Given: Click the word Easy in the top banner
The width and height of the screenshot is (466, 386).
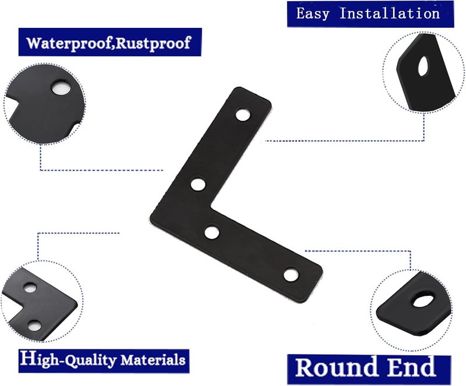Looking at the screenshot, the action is tap(313, 14).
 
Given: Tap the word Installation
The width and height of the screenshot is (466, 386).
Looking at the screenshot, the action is tap(389, 13).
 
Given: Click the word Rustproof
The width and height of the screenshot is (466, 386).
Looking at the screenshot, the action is tap(152, 44).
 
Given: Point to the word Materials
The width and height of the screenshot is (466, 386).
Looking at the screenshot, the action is tap(153, 360).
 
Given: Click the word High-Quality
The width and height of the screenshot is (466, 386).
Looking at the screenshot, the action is tap(68, 359).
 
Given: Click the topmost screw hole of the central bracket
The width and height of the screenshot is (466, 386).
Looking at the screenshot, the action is tap(242, 115).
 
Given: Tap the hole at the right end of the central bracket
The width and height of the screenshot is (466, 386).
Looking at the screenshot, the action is tap(291, 275).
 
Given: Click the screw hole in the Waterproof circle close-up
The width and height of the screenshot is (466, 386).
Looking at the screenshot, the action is tap(62, 88).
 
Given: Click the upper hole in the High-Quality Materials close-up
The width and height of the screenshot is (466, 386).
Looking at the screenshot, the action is tap(30, 287).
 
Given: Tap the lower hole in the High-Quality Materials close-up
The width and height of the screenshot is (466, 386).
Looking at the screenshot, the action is tap(34, 326).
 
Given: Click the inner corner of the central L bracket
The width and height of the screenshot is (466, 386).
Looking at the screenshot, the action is tap(211, 205).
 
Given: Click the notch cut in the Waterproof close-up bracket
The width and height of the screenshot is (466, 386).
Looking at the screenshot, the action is tap(13, 101).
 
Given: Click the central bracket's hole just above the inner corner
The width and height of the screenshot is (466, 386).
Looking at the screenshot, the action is tap(198, 184).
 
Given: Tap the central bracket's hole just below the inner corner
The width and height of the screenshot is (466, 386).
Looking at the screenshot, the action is tap(212, 233).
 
